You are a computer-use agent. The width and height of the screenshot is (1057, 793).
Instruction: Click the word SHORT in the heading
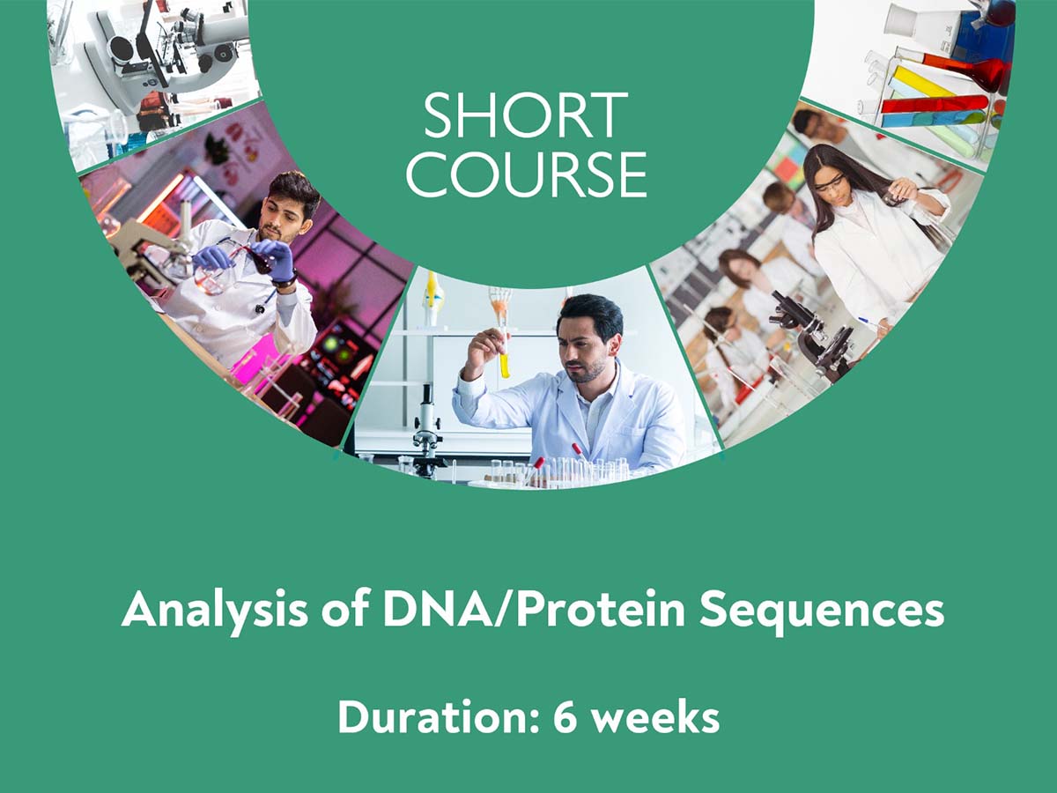[526, 115]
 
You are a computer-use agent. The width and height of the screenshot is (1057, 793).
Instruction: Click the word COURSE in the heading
[527, 174]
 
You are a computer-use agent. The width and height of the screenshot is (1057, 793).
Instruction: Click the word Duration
[439, 717]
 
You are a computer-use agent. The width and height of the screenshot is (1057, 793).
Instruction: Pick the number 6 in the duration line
[565, 717]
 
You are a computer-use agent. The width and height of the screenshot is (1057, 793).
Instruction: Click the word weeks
[656, 716]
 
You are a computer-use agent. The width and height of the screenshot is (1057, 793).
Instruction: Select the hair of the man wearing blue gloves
[292, 189]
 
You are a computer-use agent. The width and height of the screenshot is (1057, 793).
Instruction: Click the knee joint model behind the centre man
[431, 294]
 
